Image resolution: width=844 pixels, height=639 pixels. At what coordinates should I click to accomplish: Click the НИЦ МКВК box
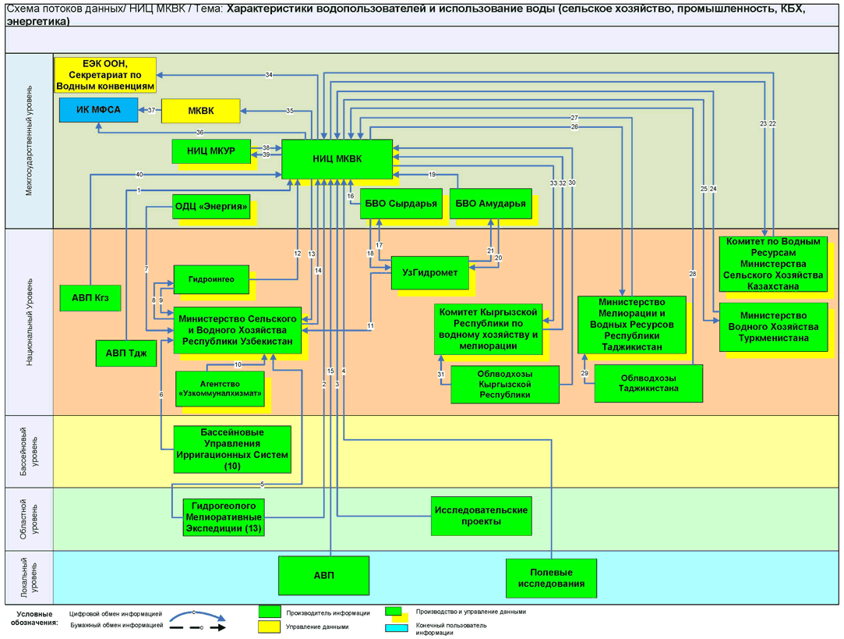coord(337,159)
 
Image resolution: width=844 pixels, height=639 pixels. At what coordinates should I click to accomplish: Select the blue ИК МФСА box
coord(98,110)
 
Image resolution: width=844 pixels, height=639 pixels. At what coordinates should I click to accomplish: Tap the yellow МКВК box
coord(200,111)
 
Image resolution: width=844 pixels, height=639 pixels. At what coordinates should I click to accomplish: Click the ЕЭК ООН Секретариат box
coord(105,75)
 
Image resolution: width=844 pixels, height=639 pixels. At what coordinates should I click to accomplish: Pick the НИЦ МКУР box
coord(210,151)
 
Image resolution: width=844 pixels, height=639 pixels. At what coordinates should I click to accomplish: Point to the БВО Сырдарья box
coord(401,204)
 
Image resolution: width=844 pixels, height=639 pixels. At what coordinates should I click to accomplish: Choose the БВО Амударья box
coord(490,204)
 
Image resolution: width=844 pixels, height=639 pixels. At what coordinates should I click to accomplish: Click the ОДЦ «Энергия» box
coord(211,207)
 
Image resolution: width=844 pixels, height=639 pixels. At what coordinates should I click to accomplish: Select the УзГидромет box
coord(429,272)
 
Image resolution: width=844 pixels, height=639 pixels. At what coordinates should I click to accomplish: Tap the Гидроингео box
coord(210,279)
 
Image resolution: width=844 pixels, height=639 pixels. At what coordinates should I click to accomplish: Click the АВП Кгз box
coord(90,297)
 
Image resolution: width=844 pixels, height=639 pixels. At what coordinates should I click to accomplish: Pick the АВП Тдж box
coord(125,353)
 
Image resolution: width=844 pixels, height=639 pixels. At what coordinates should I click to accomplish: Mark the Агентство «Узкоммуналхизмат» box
coord(220,388)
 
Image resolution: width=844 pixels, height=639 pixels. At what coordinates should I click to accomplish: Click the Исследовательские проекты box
coord(481,515)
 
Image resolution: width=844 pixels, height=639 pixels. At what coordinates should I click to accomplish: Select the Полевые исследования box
coord(551,577)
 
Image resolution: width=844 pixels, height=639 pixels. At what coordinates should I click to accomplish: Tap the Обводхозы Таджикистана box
coord(648,382)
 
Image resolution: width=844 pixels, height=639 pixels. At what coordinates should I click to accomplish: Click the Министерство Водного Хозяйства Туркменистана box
coord(773,326)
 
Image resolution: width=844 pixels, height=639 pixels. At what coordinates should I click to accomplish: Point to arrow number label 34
coord(269,75)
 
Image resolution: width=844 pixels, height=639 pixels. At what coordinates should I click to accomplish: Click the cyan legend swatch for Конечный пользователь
coord(396,628)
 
